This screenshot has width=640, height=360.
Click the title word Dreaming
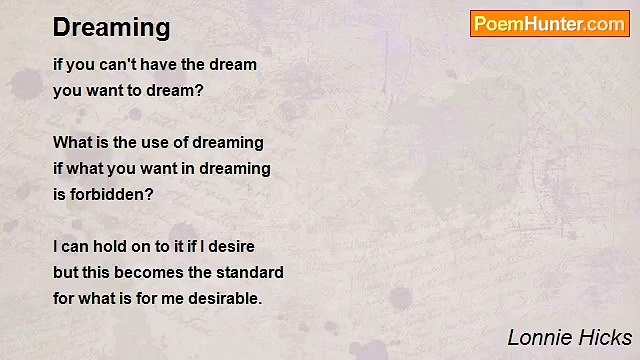112,27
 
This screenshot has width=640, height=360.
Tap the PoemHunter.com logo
549,24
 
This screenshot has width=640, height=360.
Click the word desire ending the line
231,246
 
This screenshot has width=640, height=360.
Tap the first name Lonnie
539,337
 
